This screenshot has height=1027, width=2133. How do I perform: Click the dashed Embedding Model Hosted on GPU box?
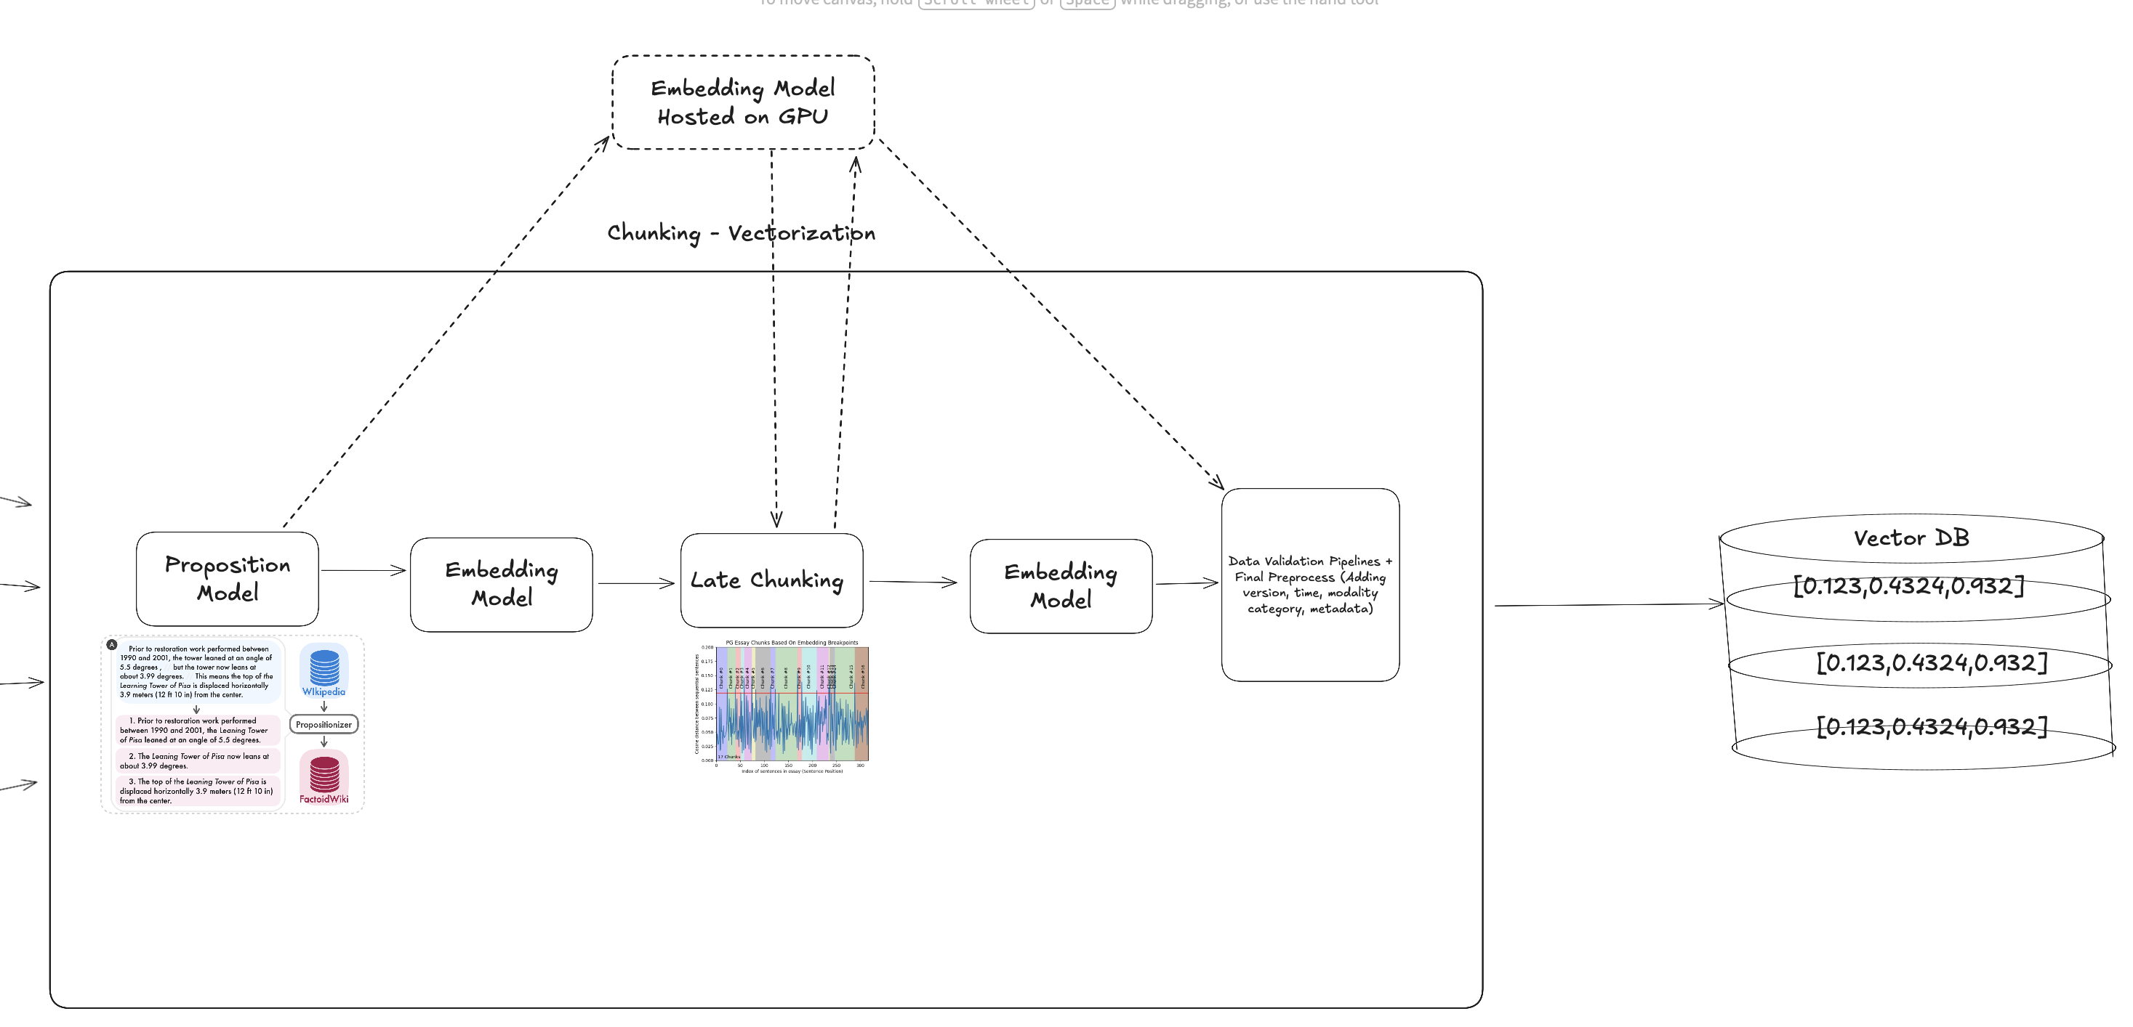[743, 102]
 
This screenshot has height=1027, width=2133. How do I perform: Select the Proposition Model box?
[227, 578]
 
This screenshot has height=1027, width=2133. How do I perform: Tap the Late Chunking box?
[771, 580]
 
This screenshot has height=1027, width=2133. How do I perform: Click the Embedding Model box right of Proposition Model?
[501, 584]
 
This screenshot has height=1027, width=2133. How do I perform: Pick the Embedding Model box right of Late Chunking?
[1061, 586]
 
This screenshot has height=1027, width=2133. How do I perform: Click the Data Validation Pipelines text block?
[1310, 584]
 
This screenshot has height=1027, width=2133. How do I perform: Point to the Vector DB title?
[1911, 538]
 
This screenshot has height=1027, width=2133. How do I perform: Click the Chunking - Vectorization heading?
[741, 232]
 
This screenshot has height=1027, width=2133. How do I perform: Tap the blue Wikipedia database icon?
[324, 667]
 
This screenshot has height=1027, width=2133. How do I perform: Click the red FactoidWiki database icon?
[324, 774]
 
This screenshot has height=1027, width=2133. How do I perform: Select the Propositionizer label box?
[324, 725]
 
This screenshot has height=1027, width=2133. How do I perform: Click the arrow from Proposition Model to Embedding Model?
[363, 570]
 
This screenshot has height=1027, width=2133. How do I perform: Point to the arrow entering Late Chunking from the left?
[636, 583]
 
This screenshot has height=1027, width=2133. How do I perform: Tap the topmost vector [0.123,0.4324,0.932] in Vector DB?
[1908, 586]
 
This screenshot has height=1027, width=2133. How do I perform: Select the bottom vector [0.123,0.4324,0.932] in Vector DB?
[1931, 726]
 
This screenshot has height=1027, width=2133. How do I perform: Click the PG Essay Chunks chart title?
[792, 642]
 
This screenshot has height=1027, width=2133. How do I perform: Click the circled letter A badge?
[112, 644]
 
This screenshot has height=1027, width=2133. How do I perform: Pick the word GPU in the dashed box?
[803, 117]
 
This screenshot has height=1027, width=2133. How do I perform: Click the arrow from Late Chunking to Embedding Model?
[912, 582]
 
